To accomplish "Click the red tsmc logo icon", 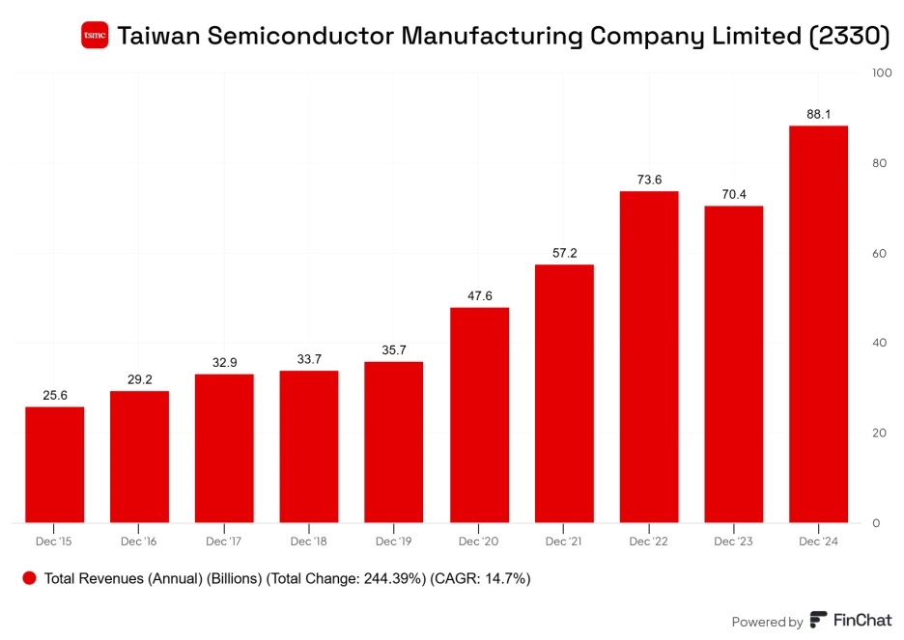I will [95, 36].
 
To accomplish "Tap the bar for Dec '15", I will [54, 464].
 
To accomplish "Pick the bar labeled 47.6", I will [479, 415].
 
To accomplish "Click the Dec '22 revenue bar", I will [648, 357].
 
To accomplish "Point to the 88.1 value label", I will [818, 114].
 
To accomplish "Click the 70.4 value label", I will [733, 194].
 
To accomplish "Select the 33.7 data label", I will [309, 359].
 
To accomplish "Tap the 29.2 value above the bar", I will [139, 379].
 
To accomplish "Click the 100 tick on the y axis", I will [881, 72].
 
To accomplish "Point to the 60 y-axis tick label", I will [879, 253].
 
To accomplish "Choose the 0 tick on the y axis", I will [876, 523].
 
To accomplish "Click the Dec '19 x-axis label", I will [394, 542].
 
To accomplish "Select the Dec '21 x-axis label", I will [564, 542].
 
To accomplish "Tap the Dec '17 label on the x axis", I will [224, 542].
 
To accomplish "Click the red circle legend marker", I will [29, 578].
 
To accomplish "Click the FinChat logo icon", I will [818, 621].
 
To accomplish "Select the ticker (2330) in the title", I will [847, 36].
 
